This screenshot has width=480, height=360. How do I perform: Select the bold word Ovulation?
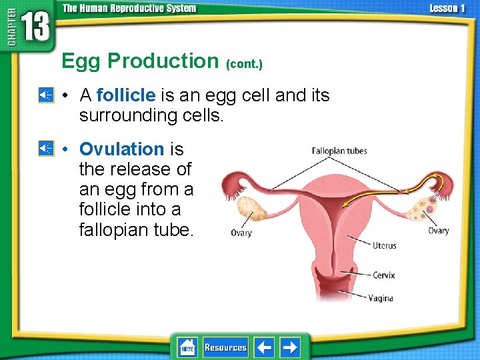[x=121, y=149]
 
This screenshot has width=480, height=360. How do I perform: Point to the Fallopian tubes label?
[x=339, y=151]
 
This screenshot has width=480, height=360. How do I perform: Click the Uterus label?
[x=384, y=246]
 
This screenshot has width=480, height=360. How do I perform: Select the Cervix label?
[x=383, y=275]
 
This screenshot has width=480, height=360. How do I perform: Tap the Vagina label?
[x=381, y=298]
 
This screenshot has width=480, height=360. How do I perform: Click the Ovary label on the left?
[x=241, y=233]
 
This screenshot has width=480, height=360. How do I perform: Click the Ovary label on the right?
[x=438, y=231]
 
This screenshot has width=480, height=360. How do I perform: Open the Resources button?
[x=225, y=347]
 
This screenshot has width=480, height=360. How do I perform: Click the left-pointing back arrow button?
[x=265, y=347]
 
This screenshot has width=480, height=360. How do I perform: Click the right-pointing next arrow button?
[x=289, y=347]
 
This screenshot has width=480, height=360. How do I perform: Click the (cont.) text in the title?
[x=244, y=65]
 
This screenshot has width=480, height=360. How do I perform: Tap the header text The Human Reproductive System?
[x=129, y=9]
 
